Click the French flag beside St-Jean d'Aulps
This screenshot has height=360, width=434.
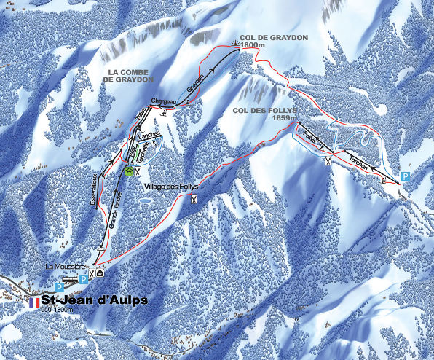34,300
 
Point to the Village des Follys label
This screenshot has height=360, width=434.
171,187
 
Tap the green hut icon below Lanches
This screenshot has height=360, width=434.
129,172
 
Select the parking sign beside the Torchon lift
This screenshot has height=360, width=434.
407,177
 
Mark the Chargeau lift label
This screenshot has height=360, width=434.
165,101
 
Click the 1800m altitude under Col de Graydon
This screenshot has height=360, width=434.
250,44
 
